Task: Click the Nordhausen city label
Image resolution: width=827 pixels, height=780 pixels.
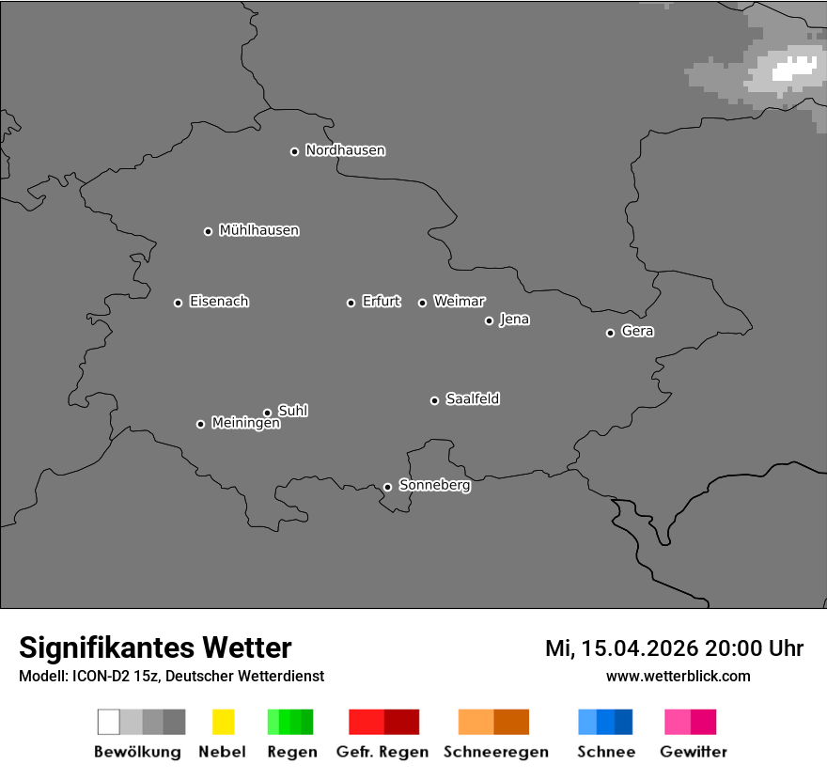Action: pos(345,150)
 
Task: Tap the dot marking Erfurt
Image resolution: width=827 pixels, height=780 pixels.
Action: pos(351,303)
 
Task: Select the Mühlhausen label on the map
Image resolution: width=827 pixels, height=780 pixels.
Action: pos(258,230)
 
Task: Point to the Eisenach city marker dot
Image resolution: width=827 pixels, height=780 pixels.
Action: pos(178,303)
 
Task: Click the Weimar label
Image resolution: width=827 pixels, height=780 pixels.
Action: pos(459,302)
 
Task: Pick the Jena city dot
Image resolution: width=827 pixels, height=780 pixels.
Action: pos(489,320)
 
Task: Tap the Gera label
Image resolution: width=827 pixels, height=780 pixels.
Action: pos(637,332)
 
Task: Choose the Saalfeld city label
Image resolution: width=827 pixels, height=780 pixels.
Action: pos(472,399)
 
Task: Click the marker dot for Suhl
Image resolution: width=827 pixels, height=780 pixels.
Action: pos(267,413)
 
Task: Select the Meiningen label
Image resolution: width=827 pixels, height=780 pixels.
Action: pos(245,424)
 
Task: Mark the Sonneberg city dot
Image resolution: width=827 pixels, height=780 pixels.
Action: pos(387,487)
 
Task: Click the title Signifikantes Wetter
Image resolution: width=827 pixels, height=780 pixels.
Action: pos(155,648)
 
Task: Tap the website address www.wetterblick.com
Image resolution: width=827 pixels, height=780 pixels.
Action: pos(678,676)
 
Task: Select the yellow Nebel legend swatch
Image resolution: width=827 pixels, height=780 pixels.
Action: pos(223,722)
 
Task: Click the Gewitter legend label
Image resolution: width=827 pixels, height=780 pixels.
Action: pos(693,752)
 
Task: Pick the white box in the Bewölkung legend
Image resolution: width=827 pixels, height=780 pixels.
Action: pos(109,722)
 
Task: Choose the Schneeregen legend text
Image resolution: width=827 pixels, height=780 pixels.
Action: pos(495,752)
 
